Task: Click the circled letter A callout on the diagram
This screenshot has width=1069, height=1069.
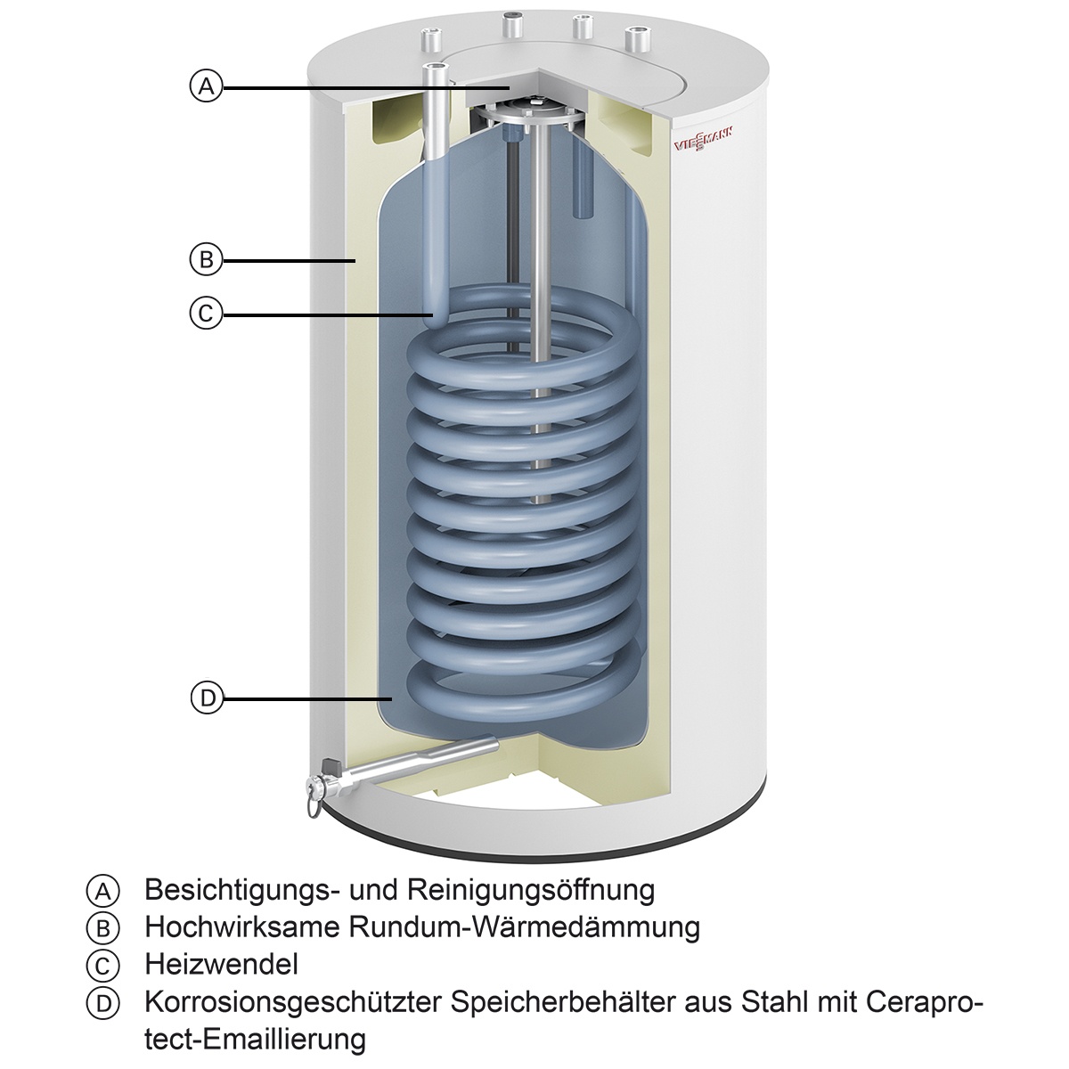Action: (206, 86)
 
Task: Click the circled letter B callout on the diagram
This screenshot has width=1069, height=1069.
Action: (206, 260)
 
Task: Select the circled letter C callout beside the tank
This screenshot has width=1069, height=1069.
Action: (206, 313)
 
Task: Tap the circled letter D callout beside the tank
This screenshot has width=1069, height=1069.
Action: (206, 698)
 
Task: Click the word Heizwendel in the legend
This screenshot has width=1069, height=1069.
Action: (221, 964)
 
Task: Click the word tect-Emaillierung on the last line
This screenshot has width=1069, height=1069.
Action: (255, 1039)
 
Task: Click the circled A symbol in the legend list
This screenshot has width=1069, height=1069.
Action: (102, 890)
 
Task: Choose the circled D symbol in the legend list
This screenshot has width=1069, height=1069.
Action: (102, 1002)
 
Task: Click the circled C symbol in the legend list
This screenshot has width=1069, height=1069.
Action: (102, 965)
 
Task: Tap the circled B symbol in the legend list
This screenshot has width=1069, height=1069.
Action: (102, 927)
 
